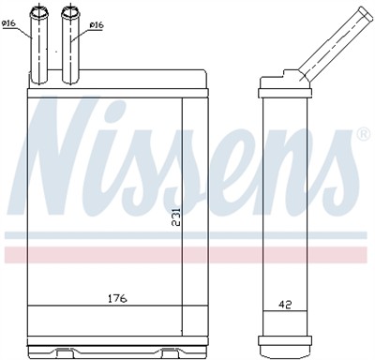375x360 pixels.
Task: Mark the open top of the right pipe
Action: coord(71,11)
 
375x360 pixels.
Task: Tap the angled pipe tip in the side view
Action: coord(361,12)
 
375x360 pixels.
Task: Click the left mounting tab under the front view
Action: coord(63,352)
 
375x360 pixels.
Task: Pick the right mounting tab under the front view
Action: coord(170,352)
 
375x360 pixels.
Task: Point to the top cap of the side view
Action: coord(282,82)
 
